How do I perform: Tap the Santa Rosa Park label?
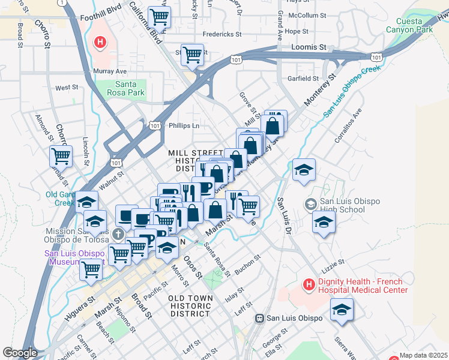122,88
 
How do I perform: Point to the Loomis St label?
308,46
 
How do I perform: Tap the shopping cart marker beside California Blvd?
159,17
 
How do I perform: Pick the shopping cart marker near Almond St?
61,156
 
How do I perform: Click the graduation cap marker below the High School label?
324,221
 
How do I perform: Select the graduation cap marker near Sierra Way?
342,310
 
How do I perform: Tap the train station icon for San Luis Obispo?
260,318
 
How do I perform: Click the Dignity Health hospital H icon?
309,284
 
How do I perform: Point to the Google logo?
20,353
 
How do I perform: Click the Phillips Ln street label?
184,126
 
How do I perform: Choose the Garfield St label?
303,78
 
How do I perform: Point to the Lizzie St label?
333,262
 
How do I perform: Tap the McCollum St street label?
307,15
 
